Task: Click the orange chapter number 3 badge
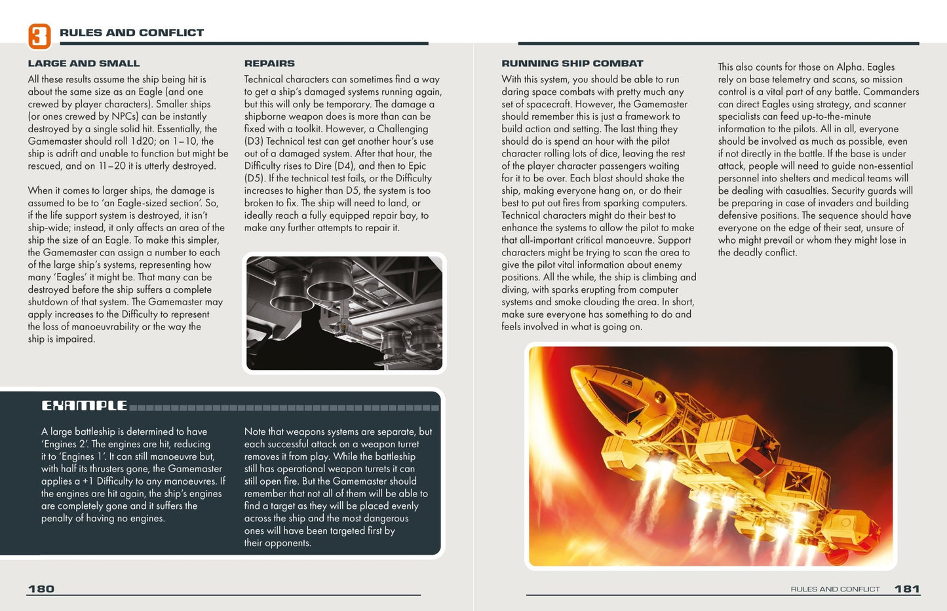click(39, 36)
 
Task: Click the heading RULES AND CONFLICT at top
click(131, 33)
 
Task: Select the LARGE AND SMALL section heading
click(84, 64)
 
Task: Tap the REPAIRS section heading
click(269, 64)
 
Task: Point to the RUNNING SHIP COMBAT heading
click(572, 64)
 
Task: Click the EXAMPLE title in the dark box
click(85, 406)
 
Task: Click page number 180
click(41, 589)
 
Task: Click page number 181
click(907, 589)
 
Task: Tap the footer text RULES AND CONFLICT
click(835, 589)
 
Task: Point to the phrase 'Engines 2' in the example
click(65, 444)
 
